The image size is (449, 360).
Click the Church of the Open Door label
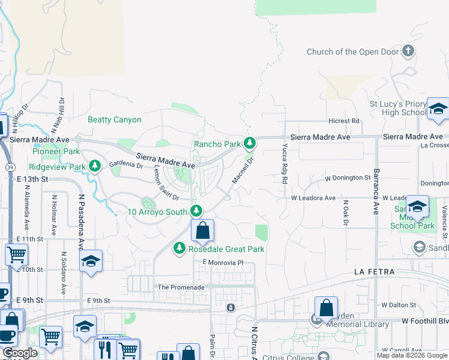click(x=352, y=52)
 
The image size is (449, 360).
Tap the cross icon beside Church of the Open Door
click(x=408, y=51)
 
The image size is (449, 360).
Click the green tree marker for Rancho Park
click(x=250, y=143)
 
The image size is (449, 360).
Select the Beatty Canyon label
click(x=115, y=119)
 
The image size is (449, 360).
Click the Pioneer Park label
click(x=56, y=152)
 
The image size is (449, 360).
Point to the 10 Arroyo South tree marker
click(x=196, y=211)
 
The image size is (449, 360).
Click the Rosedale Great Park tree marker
click(x=179, y=248)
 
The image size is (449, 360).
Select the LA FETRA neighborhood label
click(x=374, y=272)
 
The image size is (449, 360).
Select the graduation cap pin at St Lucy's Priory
click(x=438, y=109)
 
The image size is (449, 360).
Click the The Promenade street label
click(x=181, y=287)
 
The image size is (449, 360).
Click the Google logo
click(x=20, y=353)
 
